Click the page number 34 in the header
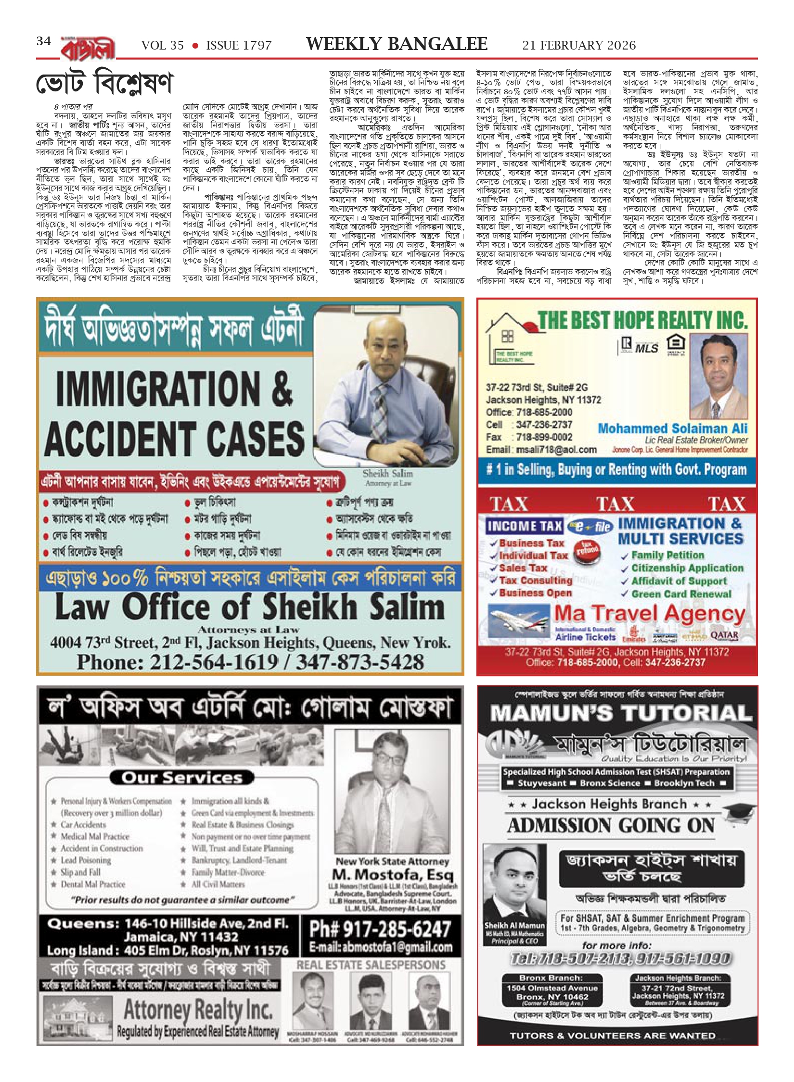pyautogui.click(x=44, y=41)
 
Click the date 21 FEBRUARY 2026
pyautogui.click(x=579, y=46)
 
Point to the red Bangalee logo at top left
pyautogui.click(x=88, y=49)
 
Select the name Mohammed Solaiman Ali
pyautogui.click(x=672, y=428)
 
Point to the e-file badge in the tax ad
pyautogui.click(x=589, y=527)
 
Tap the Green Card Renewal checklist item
pyautogui.click(x=680, y=594)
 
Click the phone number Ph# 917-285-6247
pyautogui.click(x=380, y=929)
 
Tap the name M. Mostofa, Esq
pyautogui.click(x=392, y=874)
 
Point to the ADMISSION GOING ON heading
pyautogui.click(x=611, y=826)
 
